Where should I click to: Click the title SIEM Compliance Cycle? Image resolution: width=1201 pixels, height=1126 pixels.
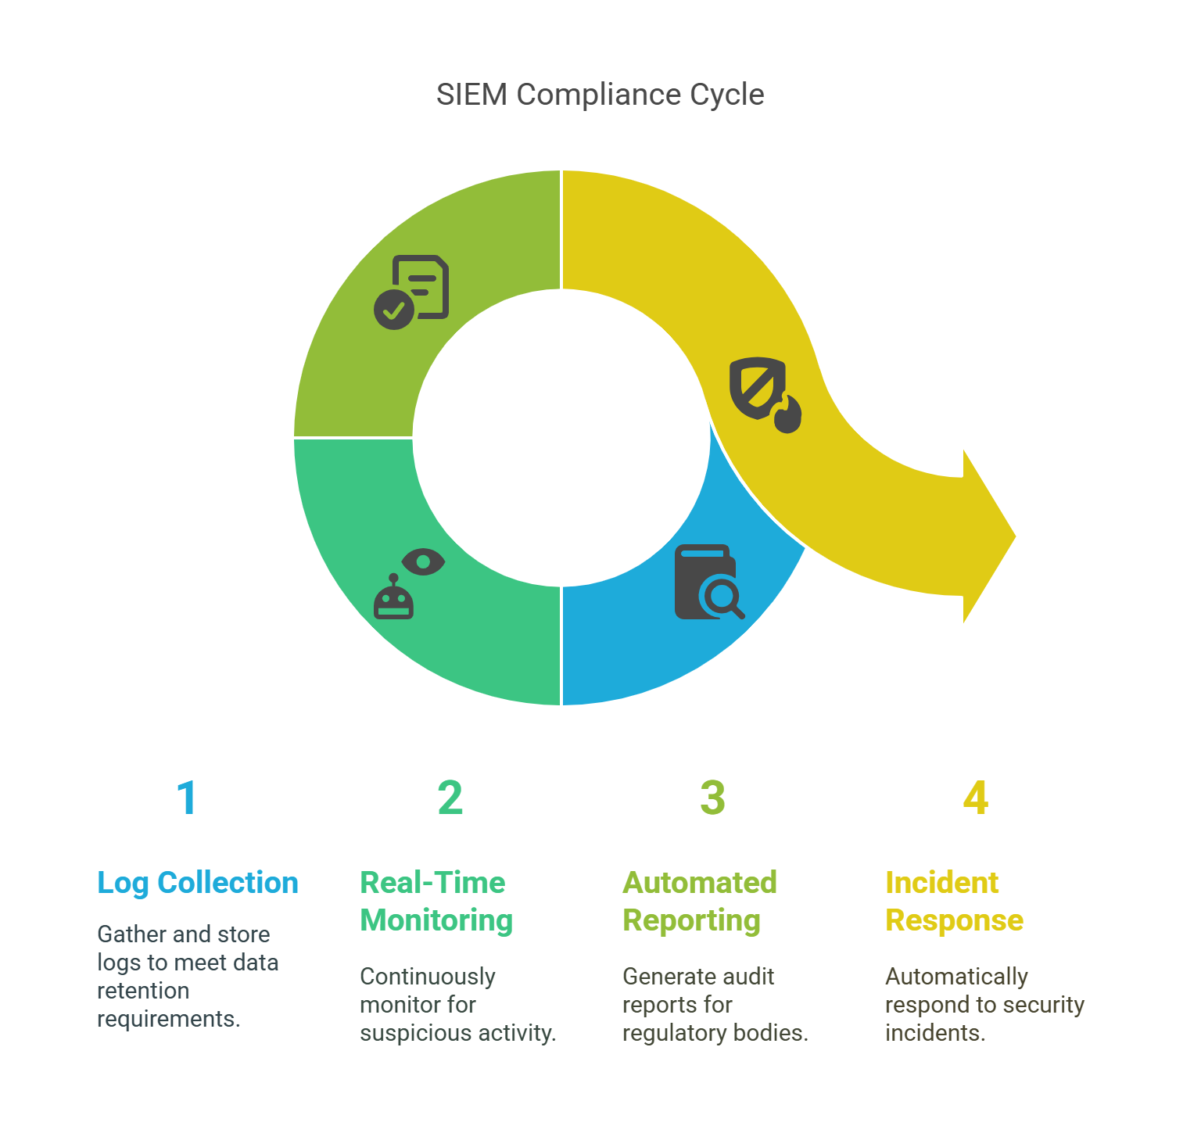point(600,95)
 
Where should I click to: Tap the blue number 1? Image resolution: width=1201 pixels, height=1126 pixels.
point(187,798)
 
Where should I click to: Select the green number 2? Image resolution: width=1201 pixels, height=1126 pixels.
point(450,798)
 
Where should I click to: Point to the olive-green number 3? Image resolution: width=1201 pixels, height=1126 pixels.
point(712,798)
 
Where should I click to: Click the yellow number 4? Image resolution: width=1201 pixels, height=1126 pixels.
point(976,798)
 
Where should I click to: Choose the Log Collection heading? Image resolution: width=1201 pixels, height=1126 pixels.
point(198,883)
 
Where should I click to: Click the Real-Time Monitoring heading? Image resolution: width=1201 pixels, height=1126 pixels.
point(436,902)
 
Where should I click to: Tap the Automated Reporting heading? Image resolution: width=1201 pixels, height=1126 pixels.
point(700,902)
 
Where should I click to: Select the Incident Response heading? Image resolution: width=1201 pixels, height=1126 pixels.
point(954,902)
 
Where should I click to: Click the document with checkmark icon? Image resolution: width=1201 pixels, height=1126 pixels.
point(411,292)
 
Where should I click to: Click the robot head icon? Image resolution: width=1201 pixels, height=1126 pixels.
point(393,597)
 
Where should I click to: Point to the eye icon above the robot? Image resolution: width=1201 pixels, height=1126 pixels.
point(423,561)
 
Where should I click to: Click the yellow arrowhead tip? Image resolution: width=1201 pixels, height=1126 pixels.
point(1015,536)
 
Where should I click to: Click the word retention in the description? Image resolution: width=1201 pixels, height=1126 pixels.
point(143,991)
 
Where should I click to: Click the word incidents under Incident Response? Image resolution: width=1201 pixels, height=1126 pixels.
point(935,1033)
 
